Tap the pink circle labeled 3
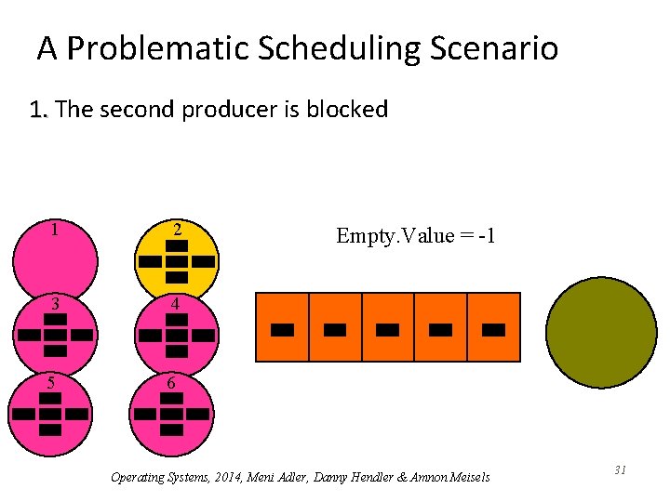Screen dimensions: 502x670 [55, 334]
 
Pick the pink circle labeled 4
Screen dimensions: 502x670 [176, 334]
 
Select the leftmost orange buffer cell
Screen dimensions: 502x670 [282, 327]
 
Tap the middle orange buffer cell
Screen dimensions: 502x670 [388, 327]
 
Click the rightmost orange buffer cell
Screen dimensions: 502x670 [494, 327]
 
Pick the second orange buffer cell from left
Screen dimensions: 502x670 [335, 327]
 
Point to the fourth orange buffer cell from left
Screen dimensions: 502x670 [441, 327]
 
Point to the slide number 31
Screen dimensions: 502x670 [620, 471]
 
